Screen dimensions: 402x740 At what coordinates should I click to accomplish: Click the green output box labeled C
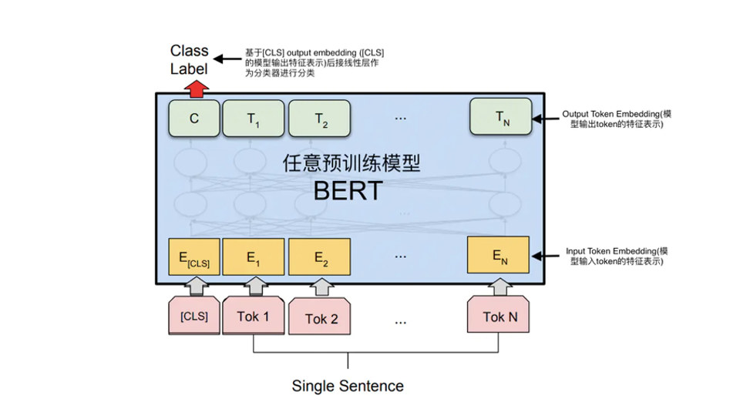tap(193, 119)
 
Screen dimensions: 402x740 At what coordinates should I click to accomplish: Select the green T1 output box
tap(254, 119)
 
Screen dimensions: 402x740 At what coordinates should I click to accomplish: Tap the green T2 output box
tap(320, 119)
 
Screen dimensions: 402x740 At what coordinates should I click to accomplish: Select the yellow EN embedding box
tap(498, 255)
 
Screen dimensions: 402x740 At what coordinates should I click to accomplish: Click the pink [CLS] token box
tap(193, 316)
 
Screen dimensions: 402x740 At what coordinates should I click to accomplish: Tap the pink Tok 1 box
tap(254, 316)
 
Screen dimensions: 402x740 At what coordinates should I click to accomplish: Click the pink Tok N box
tap(499, 316)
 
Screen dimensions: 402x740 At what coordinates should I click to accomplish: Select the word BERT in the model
tap(347, 190)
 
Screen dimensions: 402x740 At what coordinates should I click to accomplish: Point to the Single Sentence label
tap(347, 385)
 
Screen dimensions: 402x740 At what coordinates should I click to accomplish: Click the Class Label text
tap(190, 59)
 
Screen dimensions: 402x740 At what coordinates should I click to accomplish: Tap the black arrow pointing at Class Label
tap(227, 59)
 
